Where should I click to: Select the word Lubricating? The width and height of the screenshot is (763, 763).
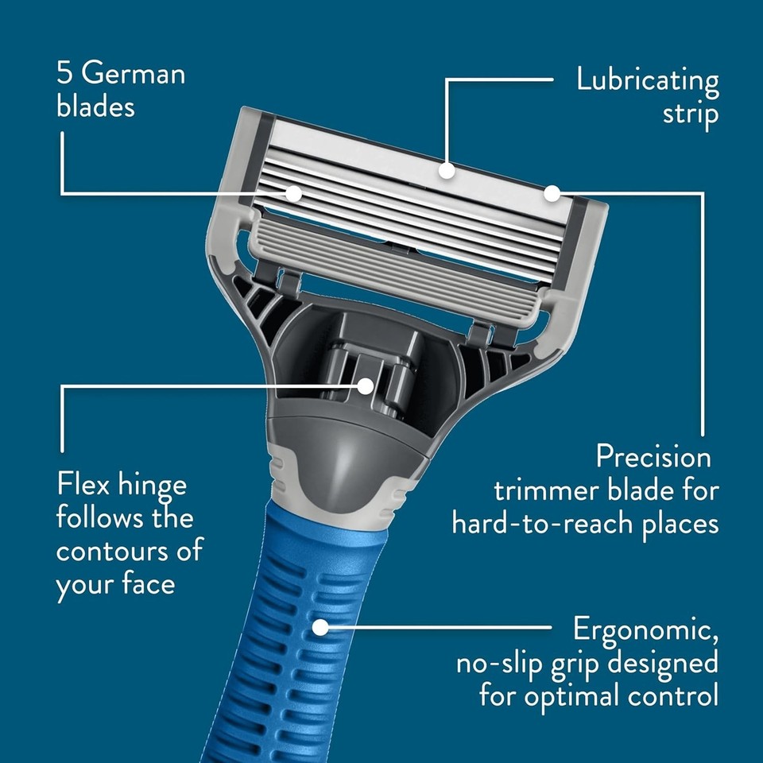[x=648, y=80]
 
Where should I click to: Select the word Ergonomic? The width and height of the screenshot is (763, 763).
[x=646, y=629]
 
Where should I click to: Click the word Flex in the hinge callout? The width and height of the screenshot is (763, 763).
[x=83, y=484]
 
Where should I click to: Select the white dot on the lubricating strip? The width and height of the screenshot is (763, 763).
[x=447, y=170]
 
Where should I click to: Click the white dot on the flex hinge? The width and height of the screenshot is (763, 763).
[x=366, y=386]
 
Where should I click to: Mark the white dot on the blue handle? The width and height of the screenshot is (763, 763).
[x=320, y=627]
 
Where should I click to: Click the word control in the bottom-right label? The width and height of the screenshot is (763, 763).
[x=677, y=696]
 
